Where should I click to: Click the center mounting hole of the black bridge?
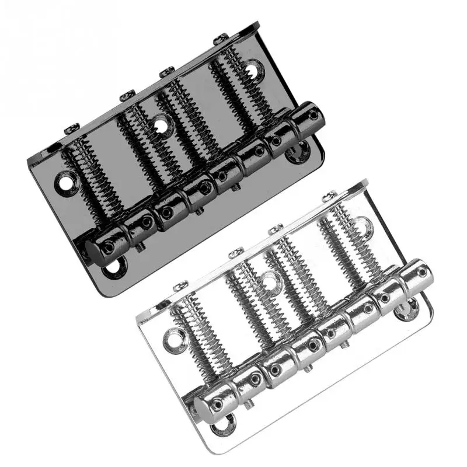pos(162,123)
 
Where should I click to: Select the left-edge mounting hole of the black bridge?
pos(64,182)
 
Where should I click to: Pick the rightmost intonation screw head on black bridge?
pos(220,39)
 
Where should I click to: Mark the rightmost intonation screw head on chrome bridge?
pos(330,196)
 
